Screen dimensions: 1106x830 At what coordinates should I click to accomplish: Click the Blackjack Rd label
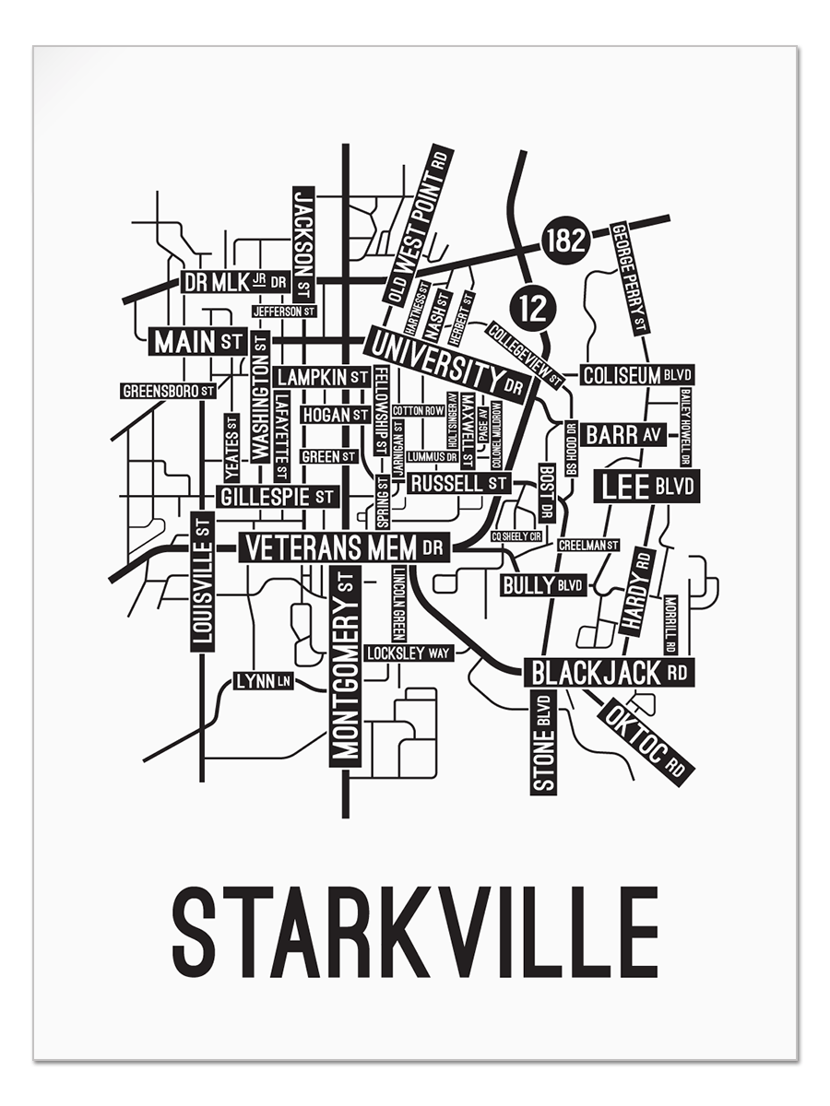pyautogui.click(x=609, y=673)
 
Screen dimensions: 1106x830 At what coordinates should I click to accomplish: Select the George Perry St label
pyautogui.click(x=631, y=277)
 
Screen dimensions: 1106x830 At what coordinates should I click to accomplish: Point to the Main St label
pyautogui.click(x=197, y=342)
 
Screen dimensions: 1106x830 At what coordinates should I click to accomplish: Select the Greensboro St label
pyautogui.click(x=169, y=391)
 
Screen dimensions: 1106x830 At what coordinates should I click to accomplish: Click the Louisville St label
pyautogui.click(x=203, y=582)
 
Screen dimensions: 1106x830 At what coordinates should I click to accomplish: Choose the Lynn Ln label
pyautogui.click(x=263, y=681)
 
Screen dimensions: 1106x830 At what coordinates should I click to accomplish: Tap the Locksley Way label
pyautogui.click(x=408, y=653)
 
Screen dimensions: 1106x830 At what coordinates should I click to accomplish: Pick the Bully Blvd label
pyautogui.click(x=543, y=584)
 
